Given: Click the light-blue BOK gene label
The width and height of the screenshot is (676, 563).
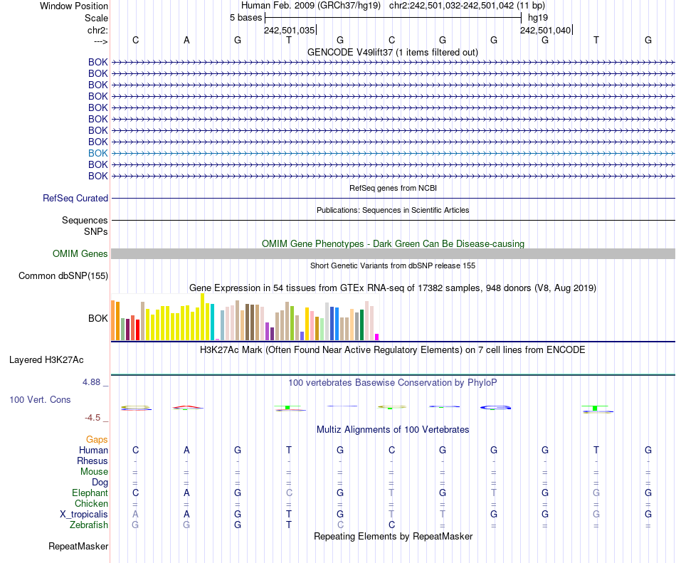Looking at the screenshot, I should (98, 153).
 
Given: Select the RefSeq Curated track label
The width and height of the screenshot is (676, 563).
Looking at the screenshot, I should (75, 199).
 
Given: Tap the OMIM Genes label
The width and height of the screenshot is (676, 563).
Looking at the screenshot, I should (80, 254).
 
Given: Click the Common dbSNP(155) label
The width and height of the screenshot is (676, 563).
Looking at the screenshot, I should (63, 276).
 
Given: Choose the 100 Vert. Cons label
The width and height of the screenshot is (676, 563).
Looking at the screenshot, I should (40, 400).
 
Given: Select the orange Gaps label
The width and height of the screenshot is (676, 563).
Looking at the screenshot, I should (97, 440).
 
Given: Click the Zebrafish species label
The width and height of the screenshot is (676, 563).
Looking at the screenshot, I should (90, 525).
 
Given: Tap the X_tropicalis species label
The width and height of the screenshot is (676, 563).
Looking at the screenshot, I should (84, 514).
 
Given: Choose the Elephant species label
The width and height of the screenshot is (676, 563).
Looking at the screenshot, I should (90, 493).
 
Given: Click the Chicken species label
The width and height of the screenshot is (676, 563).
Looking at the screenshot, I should (91, 503).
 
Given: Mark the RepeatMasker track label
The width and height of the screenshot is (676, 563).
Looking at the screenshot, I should (78, 547).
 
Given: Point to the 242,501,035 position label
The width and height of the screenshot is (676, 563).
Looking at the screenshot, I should (289, 31).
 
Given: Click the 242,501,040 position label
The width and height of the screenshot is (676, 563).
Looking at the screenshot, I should (545, 31).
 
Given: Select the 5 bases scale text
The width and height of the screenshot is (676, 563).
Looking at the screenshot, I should (245, 18).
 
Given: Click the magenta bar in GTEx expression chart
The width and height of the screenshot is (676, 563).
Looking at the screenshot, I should (377, 337).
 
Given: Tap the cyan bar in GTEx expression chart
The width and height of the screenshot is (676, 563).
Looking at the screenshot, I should (212, 322).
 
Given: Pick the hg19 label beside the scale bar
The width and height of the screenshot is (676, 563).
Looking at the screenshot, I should (538, 18).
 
